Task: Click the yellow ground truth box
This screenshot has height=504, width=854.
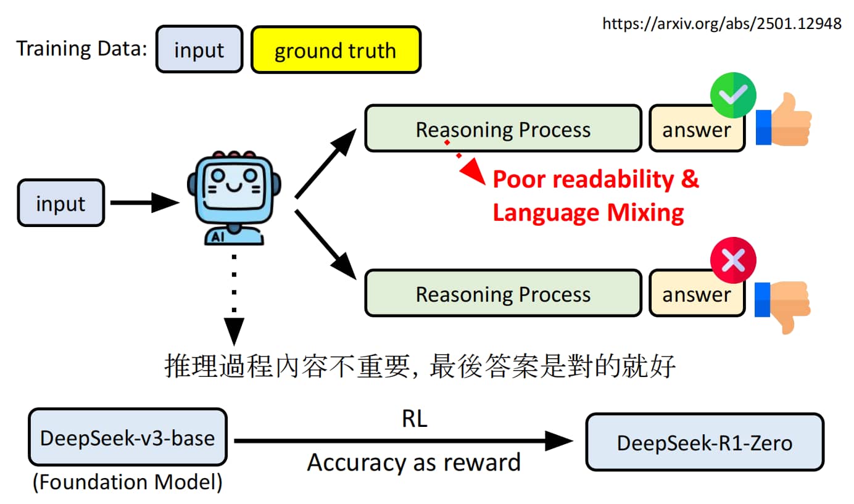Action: coord(336,49)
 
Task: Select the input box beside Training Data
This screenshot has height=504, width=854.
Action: coord(199,49)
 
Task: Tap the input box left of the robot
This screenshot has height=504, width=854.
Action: coord(61,203)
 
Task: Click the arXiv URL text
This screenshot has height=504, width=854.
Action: coord(722,23)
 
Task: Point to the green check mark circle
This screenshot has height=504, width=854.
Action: coord(733,95)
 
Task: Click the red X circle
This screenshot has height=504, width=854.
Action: coord(733,260)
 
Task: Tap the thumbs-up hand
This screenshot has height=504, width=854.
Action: coord(784,119)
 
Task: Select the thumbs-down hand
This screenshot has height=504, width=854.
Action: coord(782,307)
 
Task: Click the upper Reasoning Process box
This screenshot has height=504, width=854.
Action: coord(504,128)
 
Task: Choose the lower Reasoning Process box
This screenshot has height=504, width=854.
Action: coord(504,294)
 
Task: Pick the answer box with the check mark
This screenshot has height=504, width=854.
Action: coord(697,129)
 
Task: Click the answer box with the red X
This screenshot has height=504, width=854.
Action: coord(697,294)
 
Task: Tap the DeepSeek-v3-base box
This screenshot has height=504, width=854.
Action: coord(128,437)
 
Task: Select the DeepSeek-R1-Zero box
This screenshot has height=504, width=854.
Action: coord(705,442)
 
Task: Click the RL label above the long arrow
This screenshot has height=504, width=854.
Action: coord(415,419)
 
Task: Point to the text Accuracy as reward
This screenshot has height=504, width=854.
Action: coord(414,463)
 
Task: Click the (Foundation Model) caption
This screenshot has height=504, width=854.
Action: coord(128,482)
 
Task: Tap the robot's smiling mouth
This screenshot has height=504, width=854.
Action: coord(234,187)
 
